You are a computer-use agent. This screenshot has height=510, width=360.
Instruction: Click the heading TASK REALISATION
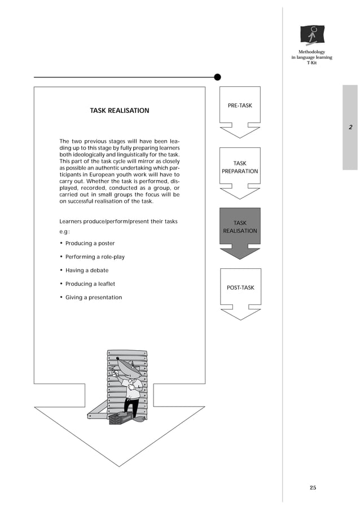point(120,111)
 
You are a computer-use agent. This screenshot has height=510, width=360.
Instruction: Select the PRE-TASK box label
point(240,106)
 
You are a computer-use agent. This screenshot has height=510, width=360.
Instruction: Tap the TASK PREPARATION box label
point(240,167)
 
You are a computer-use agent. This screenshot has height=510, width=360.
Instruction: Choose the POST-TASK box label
point(240,287)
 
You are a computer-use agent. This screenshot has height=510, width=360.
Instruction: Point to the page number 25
point(313,487)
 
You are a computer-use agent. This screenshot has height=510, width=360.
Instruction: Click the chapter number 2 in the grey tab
point(350,127)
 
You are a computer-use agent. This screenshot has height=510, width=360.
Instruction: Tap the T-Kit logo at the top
point(312,35)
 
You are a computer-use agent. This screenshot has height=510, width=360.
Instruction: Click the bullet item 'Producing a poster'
point(90,243)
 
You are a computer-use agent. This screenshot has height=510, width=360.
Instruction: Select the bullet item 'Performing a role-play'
point(95,257)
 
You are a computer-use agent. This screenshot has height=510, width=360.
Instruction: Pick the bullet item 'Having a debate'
point(87,271)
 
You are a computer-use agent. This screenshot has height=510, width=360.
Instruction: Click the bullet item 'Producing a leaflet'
point(90,284)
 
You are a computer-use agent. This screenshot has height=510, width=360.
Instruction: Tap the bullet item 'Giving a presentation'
point(93,298)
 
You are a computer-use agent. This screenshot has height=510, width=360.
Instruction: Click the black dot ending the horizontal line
point(217,77)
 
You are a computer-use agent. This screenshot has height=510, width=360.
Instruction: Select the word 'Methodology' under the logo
point(311,52)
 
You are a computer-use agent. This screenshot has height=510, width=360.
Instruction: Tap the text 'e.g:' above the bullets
point(64,232)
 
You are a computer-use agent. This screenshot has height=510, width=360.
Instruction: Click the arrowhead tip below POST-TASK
point(240,319)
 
